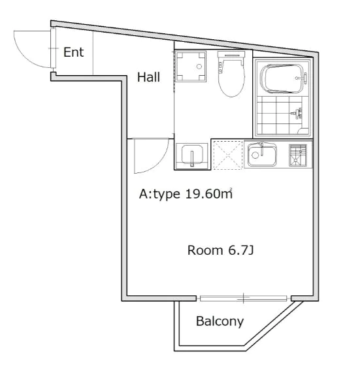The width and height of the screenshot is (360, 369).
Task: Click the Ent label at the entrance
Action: tap(73, 52)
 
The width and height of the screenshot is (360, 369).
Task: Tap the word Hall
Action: tap(148, 77)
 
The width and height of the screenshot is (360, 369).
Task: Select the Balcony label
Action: tap(220, 321)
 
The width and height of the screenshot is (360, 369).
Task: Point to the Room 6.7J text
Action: tap(220, 250)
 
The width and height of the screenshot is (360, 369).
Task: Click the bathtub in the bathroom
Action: tap(282, 79)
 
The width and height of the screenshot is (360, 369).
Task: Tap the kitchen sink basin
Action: tap(262, 155)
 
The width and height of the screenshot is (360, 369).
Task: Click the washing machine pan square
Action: tap(191, 66)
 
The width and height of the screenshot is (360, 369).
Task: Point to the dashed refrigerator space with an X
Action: tap(227, 155)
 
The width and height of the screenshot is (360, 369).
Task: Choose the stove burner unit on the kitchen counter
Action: tap(298, 155)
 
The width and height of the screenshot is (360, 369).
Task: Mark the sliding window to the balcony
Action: tap(244, 298)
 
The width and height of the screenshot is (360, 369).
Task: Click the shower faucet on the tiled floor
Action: tap(297, 113)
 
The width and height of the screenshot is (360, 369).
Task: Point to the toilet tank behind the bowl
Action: tap(231, 55)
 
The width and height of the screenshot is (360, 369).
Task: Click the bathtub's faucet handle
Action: tap(305, 78)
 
